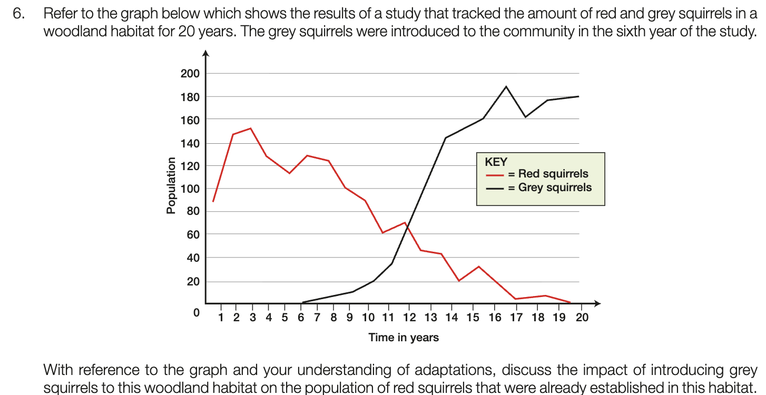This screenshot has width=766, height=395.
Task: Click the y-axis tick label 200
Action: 190,74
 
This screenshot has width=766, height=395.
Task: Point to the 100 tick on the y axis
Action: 190,189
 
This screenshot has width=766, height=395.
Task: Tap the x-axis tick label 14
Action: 451,318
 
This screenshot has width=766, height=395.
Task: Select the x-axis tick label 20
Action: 582,318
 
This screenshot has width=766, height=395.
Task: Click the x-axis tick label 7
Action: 317,318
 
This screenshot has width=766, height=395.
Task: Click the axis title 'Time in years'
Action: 404,338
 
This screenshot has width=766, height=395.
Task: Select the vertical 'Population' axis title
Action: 171,185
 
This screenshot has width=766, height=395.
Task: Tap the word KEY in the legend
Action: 496,162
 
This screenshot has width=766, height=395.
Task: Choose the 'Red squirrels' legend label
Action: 553,174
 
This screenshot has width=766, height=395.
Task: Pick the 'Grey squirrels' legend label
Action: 555,187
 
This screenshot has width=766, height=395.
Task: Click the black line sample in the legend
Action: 495,188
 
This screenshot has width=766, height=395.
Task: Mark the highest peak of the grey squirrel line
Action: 506,86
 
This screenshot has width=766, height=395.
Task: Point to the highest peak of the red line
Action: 250,128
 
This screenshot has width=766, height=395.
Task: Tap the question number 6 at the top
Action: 18,15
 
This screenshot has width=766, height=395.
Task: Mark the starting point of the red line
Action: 213,202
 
